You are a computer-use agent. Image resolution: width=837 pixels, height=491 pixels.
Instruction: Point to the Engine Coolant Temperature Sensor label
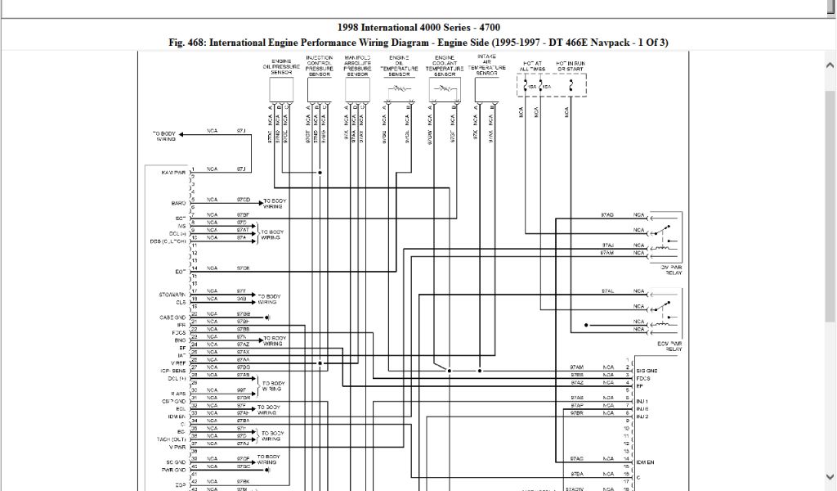click(445, 65)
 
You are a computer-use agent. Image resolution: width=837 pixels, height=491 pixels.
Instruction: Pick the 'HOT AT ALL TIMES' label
click(532, 65)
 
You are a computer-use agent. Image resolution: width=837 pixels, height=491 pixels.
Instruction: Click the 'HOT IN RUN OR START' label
click(569, 65)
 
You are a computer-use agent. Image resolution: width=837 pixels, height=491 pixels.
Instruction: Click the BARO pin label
click(179, 202)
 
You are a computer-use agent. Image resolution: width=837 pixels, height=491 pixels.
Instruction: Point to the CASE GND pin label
click(172, 317)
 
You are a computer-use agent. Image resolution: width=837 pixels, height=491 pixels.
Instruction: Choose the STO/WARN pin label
click(172, 294)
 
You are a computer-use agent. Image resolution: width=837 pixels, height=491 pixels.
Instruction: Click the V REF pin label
click(177, 363)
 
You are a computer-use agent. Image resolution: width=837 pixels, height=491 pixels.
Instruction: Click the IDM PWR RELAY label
click(670, 269)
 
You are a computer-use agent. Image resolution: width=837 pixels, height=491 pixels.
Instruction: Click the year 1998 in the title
click(350, 28)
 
